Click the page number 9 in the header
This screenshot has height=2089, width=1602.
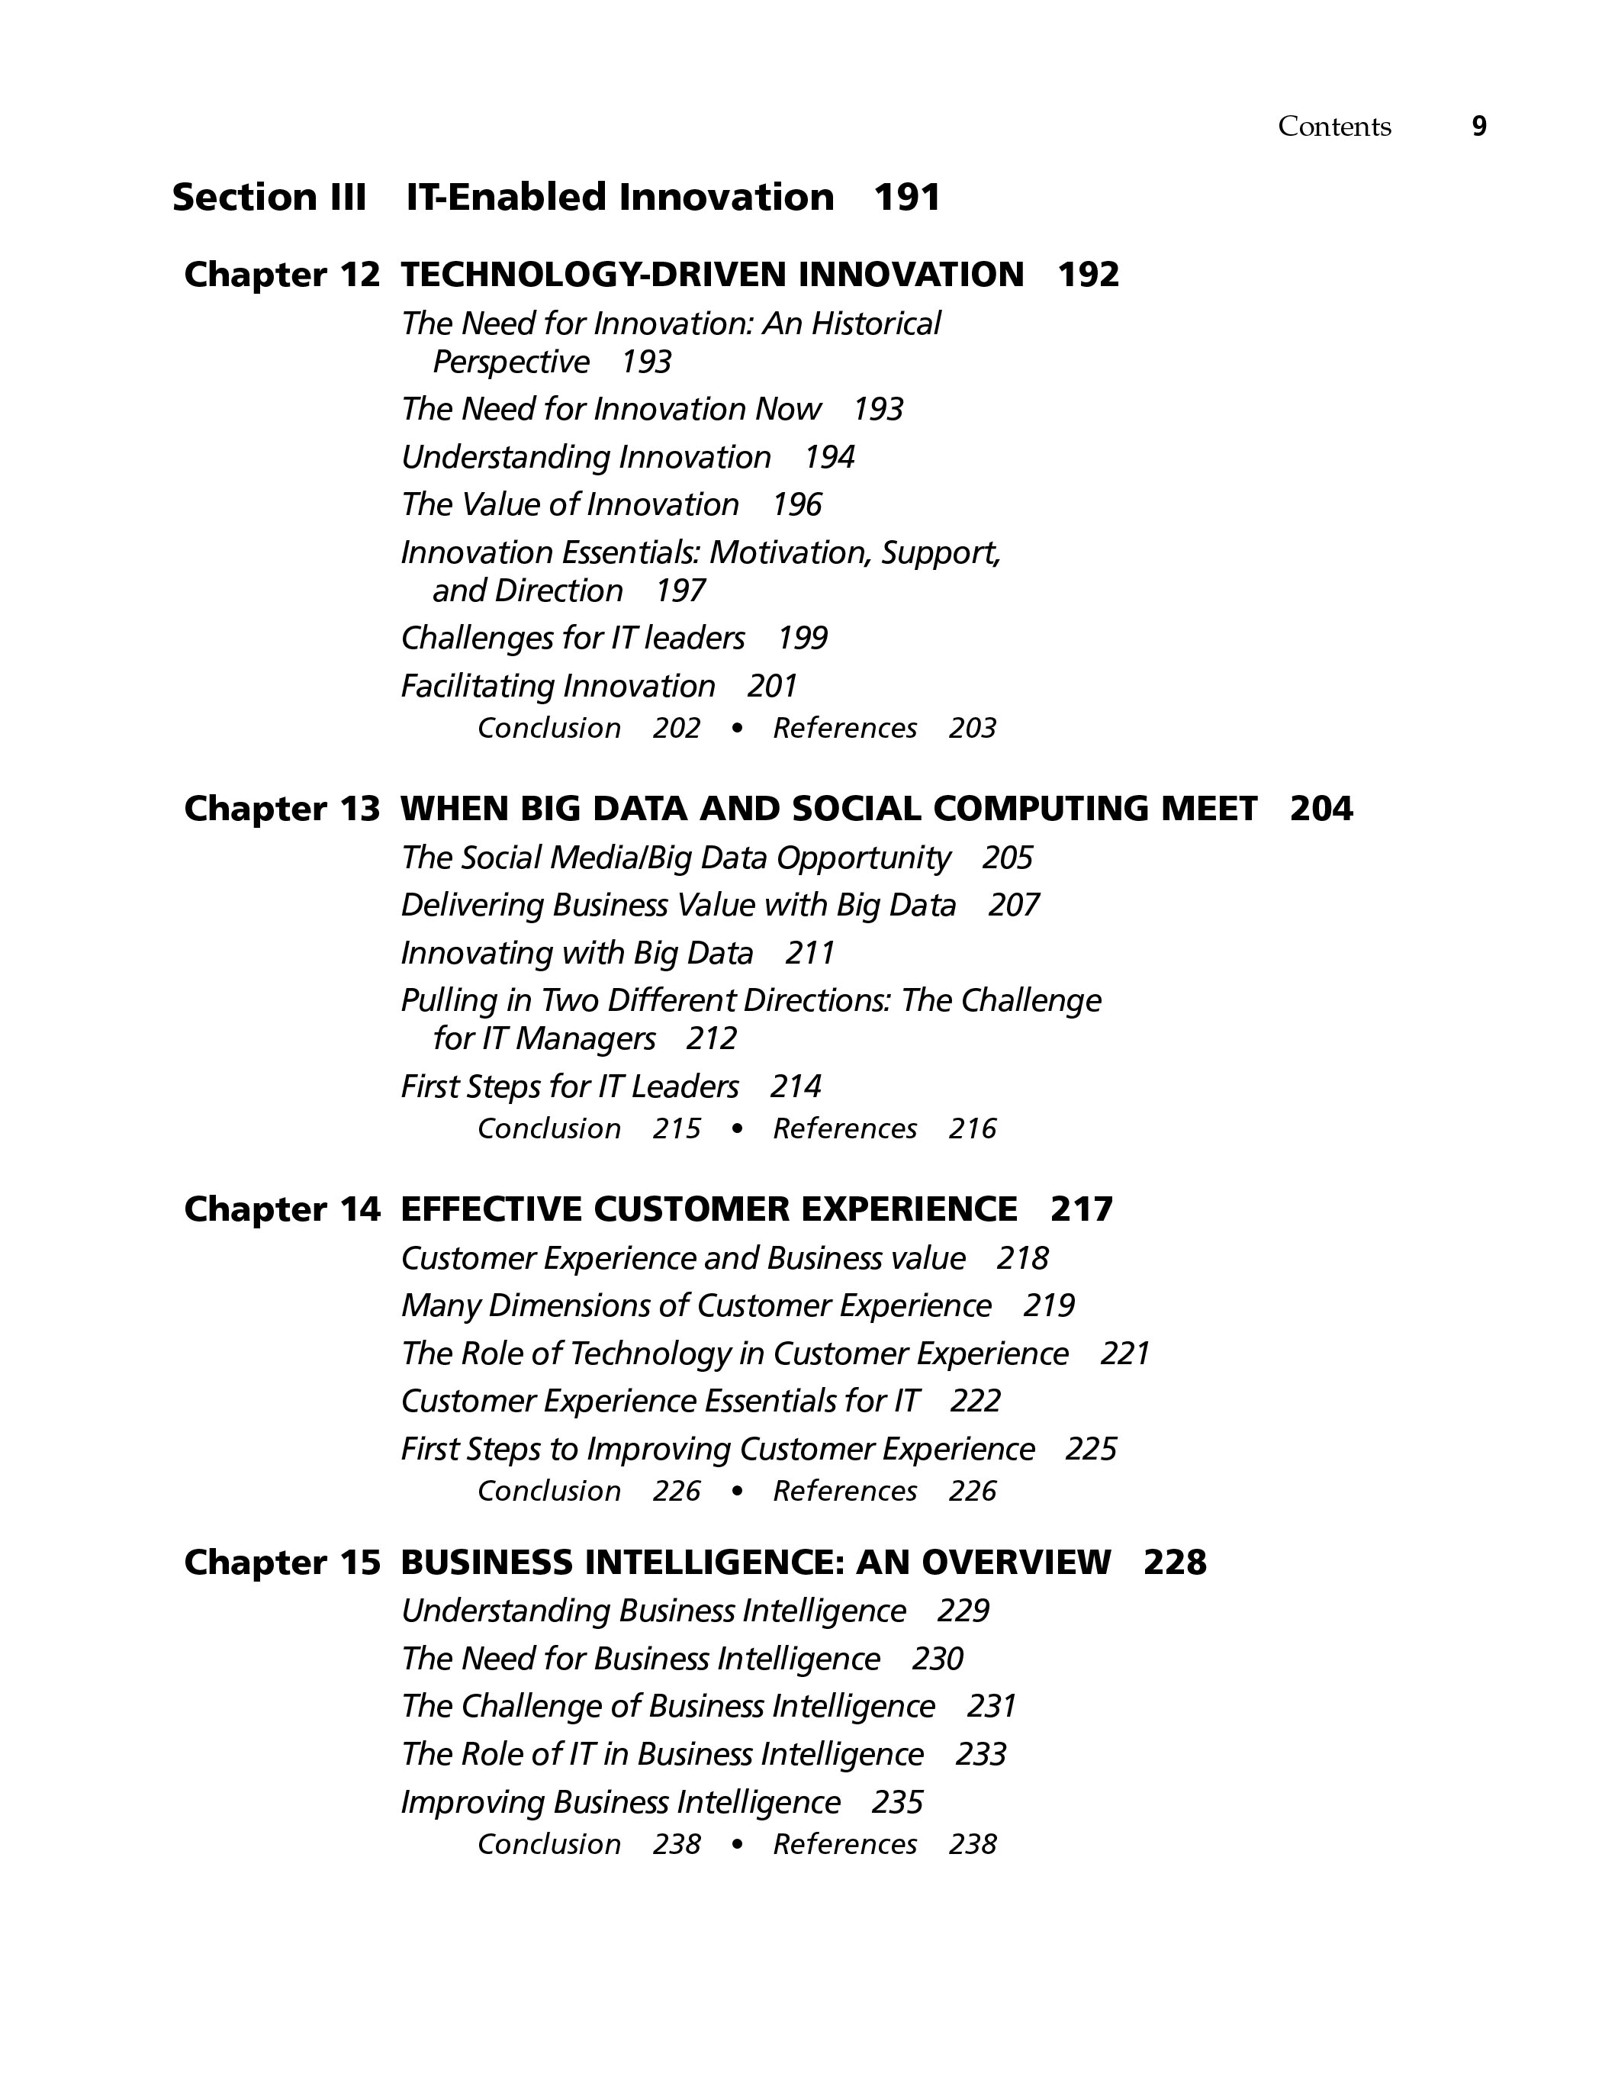(x=1479, y=127)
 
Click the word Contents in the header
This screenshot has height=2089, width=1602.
(x=1334, y=127)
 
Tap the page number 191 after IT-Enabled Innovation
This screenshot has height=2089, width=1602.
(x=907, y=198)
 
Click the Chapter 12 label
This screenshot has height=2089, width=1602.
(x=281, y=275)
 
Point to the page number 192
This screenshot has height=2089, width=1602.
(x=1088, y=275)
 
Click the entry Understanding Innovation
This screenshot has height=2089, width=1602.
(x=586, y=458)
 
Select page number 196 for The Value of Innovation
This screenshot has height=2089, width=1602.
(x=796, y=504)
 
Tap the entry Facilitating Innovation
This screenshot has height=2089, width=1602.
(x=558, y=687)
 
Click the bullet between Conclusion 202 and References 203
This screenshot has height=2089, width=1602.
(x=736, y=729)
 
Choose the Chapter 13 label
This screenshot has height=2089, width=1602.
(x=281, y=809)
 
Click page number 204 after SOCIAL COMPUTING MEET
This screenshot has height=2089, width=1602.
(x=1321, y=809)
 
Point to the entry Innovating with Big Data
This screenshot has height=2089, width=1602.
(x=577, y=954)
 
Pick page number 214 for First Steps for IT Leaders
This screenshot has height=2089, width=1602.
(x=795, y=1087)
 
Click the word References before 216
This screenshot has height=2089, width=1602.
(x=845, y=1129)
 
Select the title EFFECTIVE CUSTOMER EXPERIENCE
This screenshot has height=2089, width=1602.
(x=709, y=1209)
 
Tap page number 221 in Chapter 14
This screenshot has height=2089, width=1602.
(x=1125, y=1354)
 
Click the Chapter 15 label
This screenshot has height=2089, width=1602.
(x=281, y=1562)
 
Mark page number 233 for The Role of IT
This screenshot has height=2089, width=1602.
(x=980, y=1754)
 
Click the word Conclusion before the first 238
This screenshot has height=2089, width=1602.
(x=549, y=1844)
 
